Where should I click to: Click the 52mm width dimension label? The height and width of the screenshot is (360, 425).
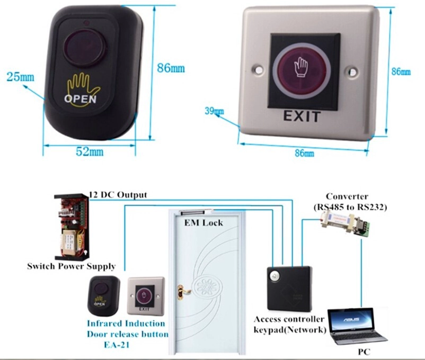(x=90, y=152)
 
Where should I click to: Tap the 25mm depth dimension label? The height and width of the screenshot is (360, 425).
(x=21, y=77)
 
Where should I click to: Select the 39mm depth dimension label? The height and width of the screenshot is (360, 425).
(x=214, y=111)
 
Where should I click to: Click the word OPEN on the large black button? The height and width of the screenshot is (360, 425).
(x=80, y=99)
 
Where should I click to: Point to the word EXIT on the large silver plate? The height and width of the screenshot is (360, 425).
(x=302, y=116)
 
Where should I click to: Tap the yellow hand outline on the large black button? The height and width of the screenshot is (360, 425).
(x=84, y=88)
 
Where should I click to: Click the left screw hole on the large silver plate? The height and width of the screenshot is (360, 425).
(x=259, y=69)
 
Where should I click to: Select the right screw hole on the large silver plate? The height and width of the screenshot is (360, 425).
(x=352, y=71)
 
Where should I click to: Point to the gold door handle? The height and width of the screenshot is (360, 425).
(x=183, y=292)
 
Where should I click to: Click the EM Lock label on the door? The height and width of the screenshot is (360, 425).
(x=203, y=223)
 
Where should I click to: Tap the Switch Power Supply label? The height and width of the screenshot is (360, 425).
(x=72, y=266)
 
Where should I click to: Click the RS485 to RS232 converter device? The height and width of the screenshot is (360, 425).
(x=344, y=223)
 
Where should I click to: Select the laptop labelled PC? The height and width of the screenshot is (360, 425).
(x=357, y=327)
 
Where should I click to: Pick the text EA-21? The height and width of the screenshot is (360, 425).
(x=117, y=345)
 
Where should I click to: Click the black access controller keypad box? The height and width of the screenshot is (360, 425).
(x=289, y=288)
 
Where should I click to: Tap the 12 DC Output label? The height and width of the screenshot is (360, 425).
(x=118, y=195)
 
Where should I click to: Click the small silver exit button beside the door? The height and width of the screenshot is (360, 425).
(x=146, y=296)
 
